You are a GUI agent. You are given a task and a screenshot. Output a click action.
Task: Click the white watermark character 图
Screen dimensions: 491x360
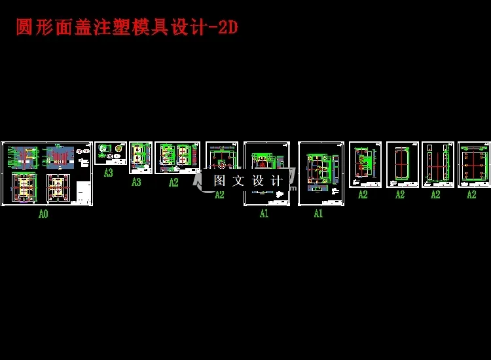tap(220, 181)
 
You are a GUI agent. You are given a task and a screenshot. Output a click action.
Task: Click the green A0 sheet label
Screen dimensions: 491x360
tap(43, 213)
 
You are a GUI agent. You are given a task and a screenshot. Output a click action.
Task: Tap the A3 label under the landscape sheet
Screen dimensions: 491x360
tap(108, 173)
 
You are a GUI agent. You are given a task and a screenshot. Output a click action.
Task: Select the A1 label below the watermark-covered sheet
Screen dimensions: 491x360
tap(264, 213)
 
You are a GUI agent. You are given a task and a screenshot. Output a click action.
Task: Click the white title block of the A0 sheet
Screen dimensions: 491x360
tap(83, 192)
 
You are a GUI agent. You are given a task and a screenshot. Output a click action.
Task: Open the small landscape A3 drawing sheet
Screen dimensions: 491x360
tap(111, 153)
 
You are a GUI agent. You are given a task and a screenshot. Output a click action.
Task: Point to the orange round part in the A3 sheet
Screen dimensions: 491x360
tap(118, 149)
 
